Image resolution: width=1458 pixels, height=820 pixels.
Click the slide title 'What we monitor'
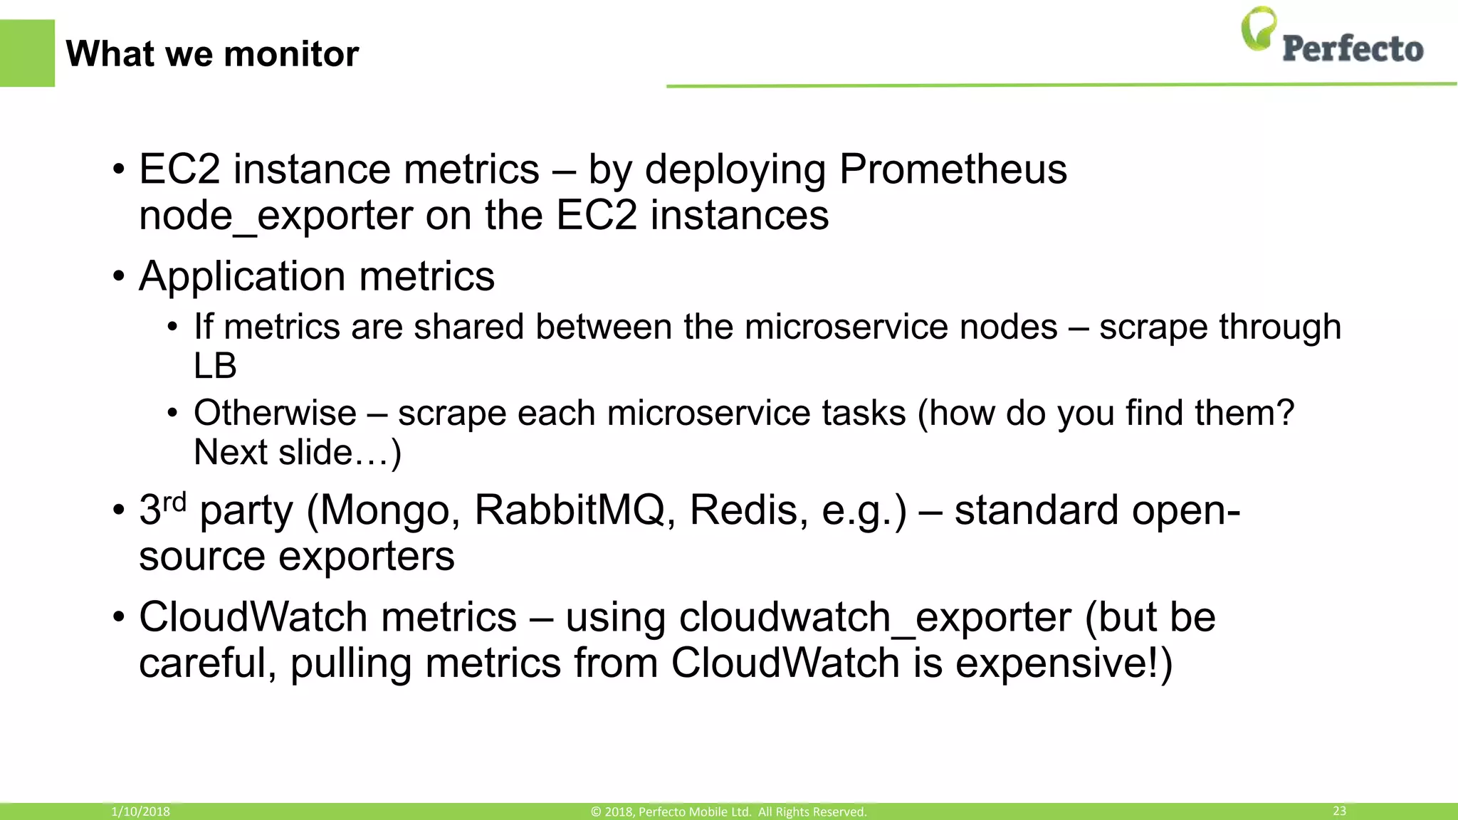[x=212, y=54]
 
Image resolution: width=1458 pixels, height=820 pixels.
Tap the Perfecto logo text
[x=1353, y=49]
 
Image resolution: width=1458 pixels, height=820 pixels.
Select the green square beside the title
[x=27, y=53]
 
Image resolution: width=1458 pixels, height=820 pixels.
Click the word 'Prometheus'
[x=953, y=169]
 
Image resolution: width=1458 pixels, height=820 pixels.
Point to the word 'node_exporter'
[x=276, y=215]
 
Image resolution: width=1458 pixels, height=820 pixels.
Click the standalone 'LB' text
[x=215, y=366]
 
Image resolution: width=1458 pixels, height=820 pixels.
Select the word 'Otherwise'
[x=275, y=413]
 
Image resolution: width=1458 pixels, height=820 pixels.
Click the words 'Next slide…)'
[x=298, y=453]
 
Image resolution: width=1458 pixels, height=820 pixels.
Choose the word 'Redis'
[x=748, y=510]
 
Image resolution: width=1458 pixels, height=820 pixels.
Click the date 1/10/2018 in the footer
[x=140, y=811]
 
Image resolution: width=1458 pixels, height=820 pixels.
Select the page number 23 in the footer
[x=1339, y=811]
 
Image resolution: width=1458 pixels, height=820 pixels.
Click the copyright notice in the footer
[x=728, y=811]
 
